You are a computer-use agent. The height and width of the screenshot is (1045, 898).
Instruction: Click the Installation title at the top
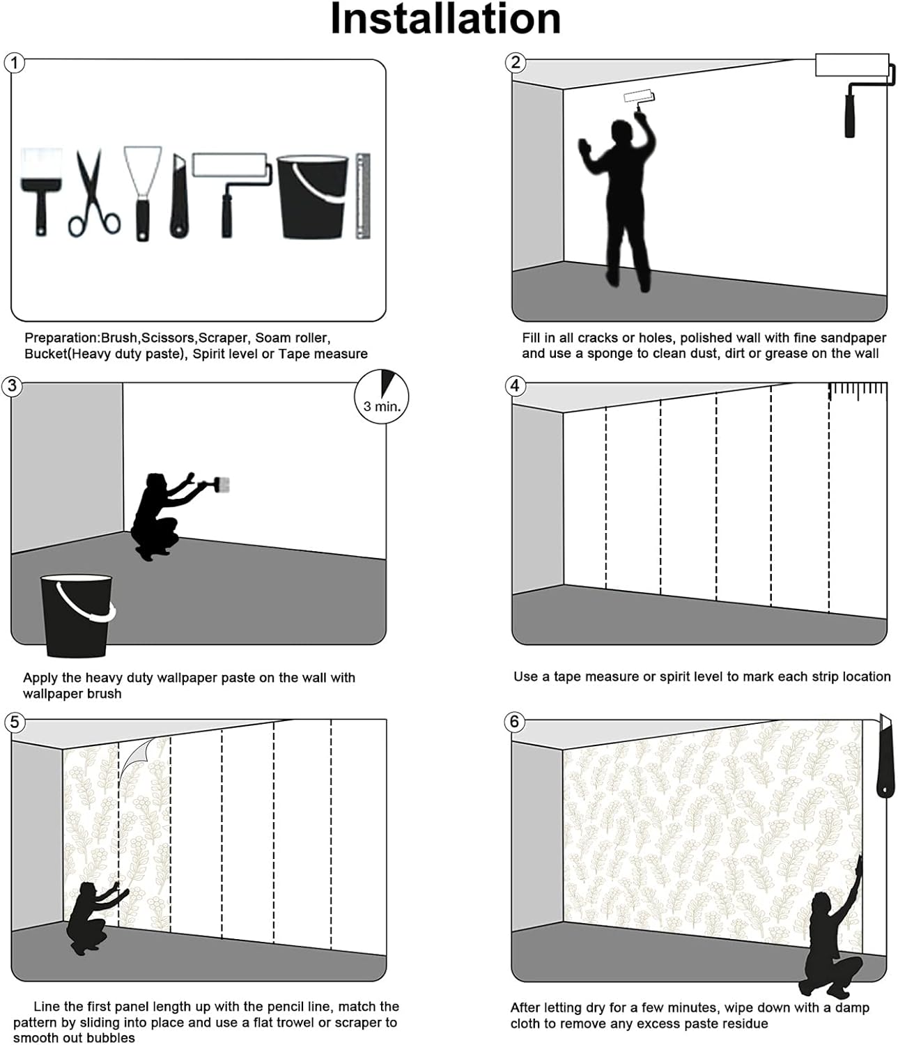point(445,19)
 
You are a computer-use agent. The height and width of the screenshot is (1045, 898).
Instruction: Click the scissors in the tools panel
point(93,194)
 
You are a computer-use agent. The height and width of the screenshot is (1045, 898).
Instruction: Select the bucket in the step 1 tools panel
point(312,196)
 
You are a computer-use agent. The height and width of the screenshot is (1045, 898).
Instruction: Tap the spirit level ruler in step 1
point(362,196)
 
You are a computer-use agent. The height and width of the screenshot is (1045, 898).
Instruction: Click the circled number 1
point(15,63)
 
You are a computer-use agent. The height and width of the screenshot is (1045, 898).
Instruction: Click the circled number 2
point(515,63)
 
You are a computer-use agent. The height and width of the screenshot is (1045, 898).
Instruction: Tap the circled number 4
point(515,386)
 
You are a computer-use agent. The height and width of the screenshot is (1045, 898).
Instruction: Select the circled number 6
point(515,722)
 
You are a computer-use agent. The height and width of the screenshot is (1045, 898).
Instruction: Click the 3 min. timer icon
point(382,398)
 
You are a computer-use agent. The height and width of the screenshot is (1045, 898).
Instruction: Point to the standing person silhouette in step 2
point(624,202)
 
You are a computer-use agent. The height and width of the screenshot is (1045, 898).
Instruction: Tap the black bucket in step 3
point(77,614)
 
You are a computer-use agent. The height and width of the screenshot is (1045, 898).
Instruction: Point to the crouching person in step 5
point(93,917)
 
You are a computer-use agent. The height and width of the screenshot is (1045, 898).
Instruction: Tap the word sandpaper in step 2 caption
point(854,338)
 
